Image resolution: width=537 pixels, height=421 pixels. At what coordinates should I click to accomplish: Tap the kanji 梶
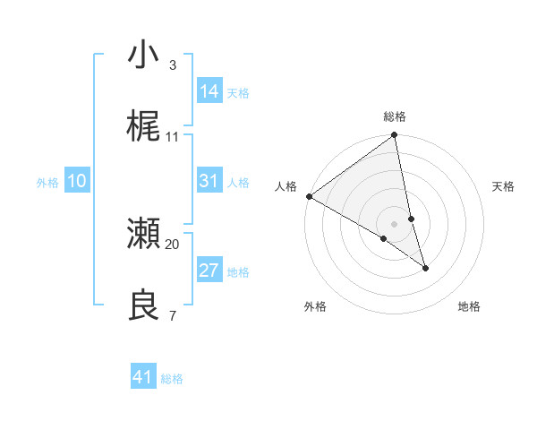pyautogui.click(x=144, y=126)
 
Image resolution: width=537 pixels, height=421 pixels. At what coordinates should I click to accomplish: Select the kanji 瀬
pyautogui.click(x=144, y=235)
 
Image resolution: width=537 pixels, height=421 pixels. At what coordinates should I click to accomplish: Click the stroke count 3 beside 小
pyautogui.click(x=172, y=64)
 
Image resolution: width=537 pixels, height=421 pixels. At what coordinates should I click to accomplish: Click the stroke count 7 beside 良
pyautogui.click(x=172, y=316)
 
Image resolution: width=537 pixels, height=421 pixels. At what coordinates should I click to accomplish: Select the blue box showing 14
pyautogui.click(x=209, y=91)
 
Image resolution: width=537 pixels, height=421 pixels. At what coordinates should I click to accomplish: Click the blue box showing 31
pyautogui.click(x=209, y=181)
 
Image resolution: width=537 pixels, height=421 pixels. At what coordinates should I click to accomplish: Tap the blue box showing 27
pyautogui.click(x=209, y=271)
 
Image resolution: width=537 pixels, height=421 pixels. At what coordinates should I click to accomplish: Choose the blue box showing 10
pyautogui.click(x=77, y=181)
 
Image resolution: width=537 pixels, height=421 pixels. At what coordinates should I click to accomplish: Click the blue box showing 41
pyautogui.click(x=143, y=377)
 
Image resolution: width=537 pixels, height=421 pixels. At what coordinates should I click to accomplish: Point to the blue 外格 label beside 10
pyautogui.click(x=47, y=183)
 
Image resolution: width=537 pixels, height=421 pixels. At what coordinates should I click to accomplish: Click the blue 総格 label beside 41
pyautogui.click(x=172, y=379)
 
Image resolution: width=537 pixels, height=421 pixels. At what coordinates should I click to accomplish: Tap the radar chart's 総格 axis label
pyautogui.click(x=395, y=116)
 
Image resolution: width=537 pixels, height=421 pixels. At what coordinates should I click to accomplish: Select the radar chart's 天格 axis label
pyautogui.click(x=503, y=186)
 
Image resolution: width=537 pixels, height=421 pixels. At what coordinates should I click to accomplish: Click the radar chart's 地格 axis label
pyautogui.click(x=469, y=306)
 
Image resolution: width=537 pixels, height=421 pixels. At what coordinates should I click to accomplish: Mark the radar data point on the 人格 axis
pyautogui.click(x=309, y=196)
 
